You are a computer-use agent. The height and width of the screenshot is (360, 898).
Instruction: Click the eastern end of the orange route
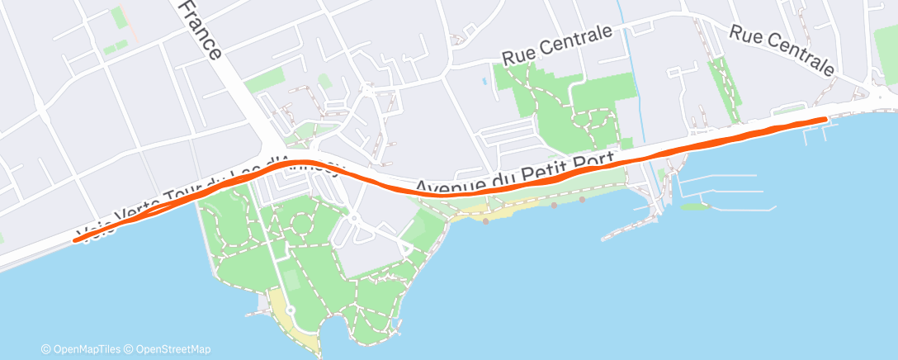click(825, 120)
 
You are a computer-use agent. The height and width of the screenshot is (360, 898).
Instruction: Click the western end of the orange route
click(76, 240)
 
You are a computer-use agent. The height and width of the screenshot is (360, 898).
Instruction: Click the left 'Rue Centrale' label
click(559, 45)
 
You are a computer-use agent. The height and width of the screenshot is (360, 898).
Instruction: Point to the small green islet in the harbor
click(696, 206)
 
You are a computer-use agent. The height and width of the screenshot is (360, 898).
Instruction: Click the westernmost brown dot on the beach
click(486, 220)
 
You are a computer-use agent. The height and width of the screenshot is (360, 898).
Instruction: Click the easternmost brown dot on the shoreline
click(582, 199)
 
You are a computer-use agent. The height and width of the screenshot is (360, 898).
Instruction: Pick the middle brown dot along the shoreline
click(554, 206)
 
